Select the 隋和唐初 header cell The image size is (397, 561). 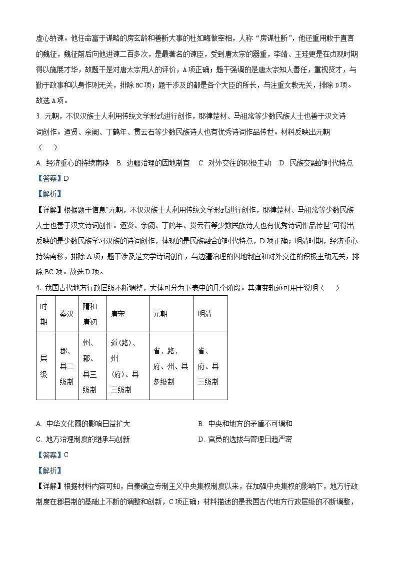point(90,314)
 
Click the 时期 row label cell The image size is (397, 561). point(44,314)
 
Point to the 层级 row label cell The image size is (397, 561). point(44,366)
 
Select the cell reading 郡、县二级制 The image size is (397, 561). point(66,366)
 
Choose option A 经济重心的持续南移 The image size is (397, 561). point(72,163)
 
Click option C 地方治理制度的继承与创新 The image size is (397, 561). point(83,439)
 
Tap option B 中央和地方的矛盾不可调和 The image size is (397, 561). point(245,424)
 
